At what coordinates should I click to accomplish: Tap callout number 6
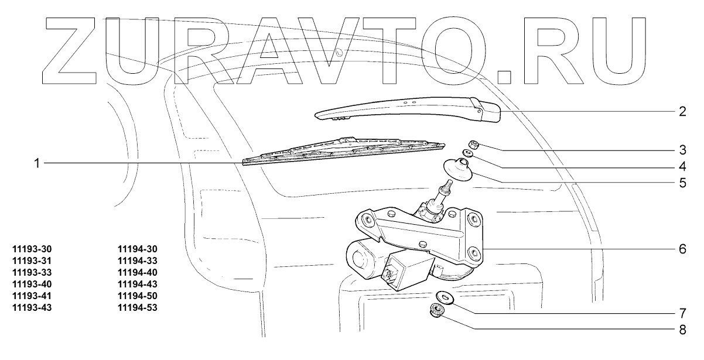[x=682, y=248]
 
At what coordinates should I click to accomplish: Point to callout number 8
[x=682, y=329]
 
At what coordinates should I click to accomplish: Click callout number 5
[x=682, y=182]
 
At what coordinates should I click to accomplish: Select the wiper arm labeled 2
[x=410, y=109]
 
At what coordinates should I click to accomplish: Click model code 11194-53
[x=138, y=307]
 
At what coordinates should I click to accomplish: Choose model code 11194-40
[x=138, y=272]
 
